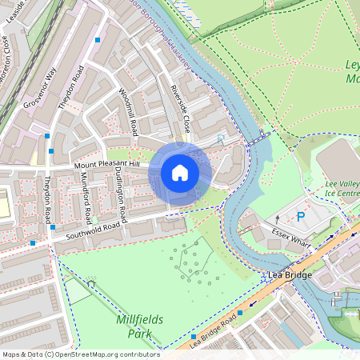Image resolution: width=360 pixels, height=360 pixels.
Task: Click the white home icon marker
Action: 180,173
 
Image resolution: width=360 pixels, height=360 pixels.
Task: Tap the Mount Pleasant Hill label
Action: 107,165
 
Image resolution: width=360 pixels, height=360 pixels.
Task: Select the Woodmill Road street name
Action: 128,112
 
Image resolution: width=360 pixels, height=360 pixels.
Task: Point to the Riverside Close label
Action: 180,109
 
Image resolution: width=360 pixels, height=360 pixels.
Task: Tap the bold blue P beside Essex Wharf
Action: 301,216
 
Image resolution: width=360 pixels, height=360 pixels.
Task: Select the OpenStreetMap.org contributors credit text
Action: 104,354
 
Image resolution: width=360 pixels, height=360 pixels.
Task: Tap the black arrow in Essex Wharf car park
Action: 278,217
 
